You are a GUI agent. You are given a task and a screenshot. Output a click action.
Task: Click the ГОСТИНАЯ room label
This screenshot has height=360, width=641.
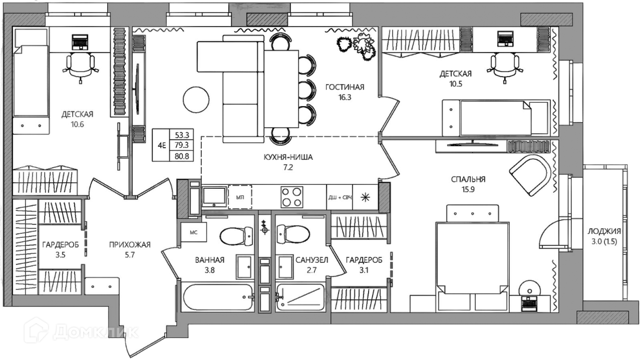345,87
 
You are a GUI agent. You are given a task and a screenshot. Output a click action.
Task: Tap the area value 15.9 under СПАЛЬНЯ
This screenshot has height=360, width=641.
468,189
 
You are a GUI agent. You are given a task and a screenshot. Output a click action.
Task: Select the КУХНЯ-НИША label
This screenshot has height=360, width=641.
288,157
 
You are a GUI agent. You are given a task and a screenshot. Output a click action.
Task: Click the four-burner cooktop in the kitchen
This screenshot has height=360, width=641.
291,197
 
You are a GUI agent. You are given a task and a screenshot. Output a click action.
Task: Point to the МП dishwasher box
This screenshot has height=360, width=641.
240,197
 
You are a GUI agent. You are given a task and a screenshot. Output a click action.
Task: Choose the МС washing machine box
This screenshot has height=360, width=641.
194,232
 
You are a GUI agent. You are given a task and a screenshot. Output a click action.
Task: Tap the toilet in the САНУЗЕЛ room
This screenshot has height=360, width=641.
293,236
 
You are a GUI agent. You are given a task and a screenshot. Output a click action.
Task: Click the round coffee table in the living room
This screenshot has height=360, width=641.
196,100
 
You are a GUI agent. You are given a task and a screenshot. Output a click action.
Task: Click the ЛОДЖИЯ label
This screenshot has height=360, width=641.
604,231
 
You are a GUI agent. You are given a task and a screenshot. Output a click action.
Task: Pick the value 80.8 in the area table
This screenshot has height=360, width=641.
182,156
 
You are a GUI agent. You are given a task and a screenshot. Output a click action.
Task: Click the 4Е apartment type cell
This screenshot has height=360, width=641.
162,145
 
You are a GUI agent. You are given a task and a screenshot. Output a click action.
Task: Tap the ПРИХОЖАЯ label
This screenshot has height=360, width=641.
130,245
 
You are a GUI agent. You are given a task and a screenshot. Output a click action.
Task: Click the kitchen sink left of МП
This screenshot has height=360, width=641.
214,197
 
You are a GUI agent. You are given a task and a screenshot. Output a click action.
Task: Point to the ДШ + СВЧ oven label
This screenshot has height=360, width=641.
340,198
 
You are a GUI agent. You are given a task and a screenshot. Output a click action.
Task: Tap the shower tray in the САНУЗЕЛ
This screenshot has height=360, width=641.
300,297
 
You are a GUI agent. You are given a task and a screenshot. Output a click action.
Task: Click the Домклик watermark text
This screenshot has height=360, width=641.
96,332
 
